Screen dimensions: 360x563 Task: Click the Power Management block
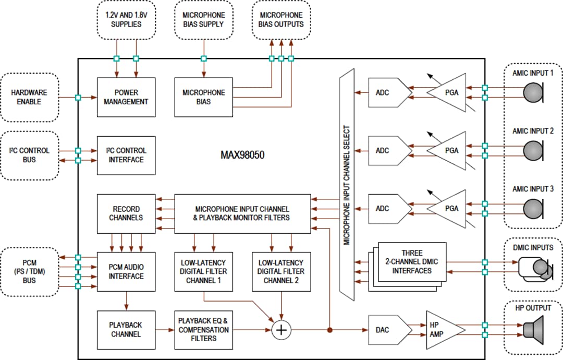[x=126, y=97]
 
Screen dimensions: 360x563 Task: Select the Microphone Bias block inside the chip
[x=203, y=97]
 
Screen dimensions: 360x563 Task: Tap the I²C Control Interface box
[x=126, y=155]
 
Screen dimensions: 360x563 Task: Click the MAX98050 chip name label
[x=242, y=155]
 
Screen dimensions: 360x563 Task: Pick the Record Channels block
[x=126, y=213]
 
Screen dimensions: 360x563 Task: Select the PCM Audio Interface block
[x=126, y=271]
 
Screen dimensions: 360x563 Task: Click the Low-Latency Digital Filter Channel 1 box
[x=203, y=271]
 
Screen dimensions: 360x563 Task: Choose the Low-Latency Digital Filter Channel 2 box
[x=281, y=271]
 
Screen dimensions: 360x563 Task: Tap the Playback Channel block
[x=126, y=329]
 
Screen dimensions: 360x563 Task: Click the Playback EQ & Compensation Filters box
[x=203, y=329]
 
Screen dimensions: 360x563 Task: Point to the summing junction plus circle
[x=281, y=330]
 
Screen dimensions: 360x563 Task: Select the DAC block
[x=386, y=329]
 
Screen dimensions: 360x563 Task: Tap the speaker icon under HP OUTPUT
[x=532, y=330]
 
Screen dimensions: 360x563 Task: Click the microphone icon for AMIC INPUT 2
[x=533, y=151]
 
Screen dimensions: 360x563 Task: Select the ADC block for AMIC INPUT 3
[x=386, y=208]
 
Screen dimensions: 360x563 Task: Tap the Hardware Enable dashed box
[x=29, y=97]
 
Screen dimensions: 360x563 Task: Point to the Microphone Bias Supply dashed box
[x=203, y=20]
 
